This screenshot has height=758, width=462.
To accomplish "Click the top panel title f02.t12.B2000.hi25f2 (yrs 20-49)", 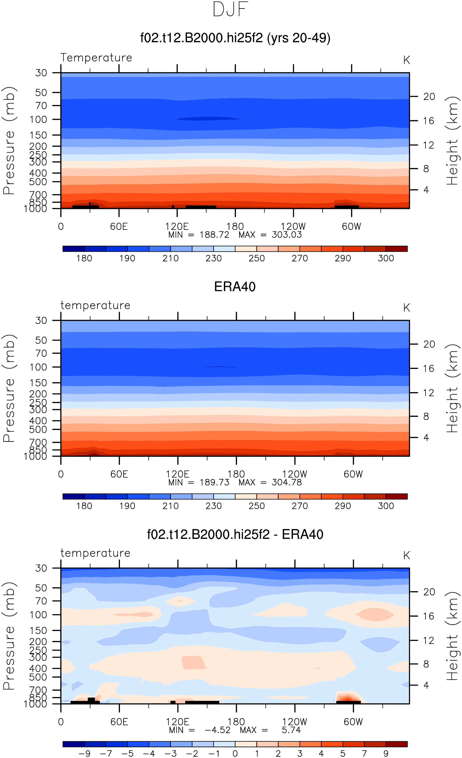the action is pos(235,38).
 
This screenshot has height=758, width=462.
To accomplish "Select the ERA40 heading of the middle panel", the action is pos(235,287).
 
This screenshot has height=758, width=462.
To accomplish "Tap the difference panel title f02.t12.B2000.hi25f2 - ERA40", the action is pos(235,534).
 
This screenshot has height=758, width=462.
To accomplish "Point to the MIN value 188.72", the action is pos(214,235).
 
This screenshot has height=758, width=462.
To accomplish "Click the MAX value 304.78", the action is pos(287,482).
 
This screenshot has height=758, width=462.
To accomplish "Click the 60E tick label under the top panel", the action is pos(119,227).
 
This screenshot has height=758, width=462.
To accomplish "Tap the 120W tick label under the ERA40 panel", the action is pos(295,474).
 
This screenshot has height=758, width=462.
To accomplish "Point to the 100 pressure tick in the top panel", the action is pos(38,119).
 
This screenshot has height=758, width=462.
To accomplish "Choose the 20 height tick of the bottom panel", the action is pos(429,592).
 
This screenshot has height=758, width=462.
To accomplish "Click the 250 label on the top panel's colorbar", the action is pos(256,258).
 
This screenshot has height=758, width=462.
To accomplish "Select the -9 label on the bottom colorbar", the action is pos(84,753).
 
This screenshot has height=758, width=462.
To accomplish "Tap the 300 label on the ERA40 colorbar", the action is pos(386,506).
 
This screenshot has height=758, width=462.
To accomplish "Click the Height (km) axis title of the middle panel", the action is pos(453,389).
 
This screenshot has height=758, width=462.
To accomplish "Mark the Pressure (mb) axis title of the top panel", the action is pos(9,141).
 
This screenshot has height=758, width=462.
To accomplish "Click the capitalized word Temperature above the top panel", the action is pos(96,58).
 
